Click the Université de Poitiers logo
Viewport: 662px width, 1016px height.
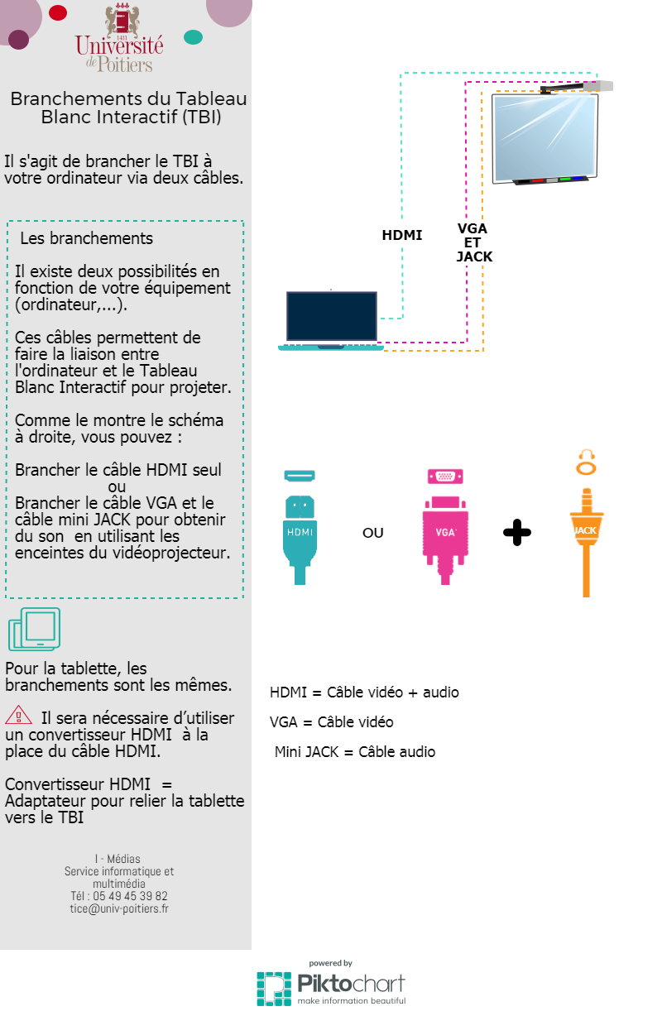(x=119, y=39)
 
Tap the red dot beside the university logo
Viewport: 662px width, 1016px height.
(x=58, y=12)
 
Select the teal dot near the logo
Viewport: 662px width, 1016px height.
(x=194, y=37)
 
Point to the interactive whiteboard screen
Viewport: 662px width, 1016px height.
(x=545, y=138)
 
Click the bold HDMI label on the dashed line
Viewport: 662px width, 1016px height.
(x=402, y=235)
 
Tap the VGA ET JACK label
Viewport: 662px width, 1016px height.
(x=474, y=242)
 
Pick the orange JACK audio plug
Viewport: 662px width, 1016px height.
(x=586, y=542)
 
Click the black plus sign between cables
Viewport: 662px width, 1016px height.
(x=517, y=532)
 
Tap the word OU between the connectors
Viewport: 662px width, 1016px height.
(x=373, y=533)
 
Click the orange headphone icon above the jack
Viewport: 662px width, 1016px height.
(x=586, y=462)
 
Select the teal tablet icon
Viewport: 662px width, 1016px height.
(x=35, y=629)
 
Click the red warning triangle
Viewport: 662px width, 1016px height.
(x=18, y=715)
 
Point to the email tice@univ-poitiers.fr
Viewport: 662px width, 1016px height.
(x=119, y=908)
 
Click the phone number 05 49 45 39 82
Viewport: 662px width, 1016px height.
(x=130, y=896)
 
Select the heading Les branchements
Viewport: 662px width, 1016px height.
(x=86, y=238)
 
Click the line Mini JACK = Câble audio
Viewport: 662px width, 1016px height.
(x=355, y=751)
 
